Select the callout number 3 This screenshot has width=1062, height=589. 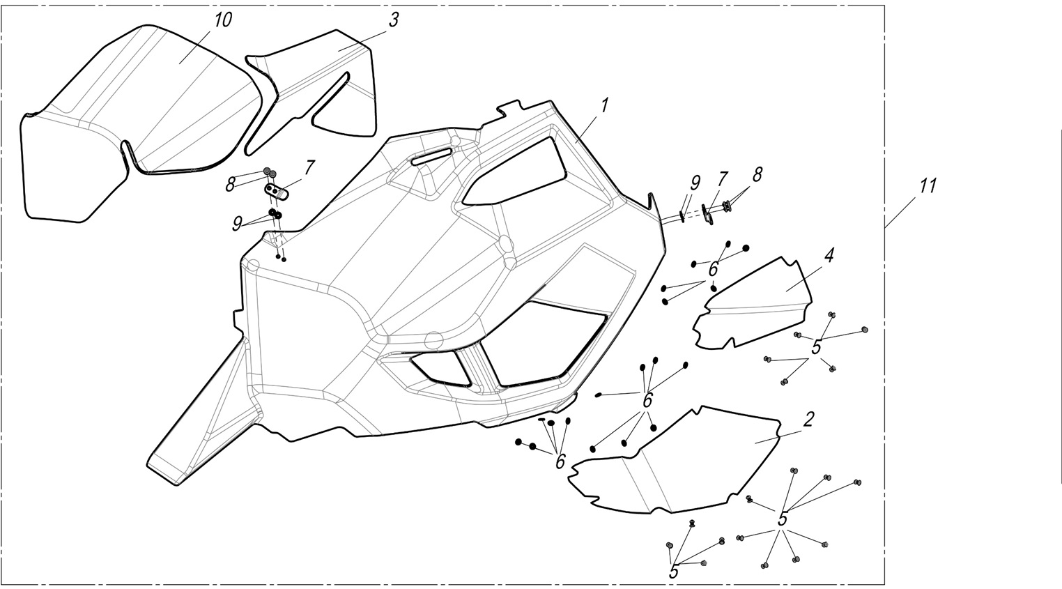coord(393,20)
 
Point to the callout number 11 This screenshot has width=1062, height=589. coord(927,186)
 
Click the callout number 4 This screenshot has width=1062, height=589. coord(828,256)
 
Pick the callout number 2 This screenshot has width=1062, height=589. coord(808,420)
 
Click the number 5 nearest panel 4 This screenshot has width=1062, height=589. coord(816,347)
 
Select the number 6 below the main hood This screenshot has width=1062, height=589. coord(560,461)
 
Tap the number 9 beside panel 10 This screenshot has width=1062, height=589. coord(238,223)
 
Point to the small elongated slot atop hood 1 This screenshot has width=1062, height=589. coord(431,156)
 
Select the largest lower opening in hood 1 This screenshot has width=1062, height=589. coord(543,345)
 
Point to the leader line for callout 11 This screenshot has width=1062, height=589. coord(903,210)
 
